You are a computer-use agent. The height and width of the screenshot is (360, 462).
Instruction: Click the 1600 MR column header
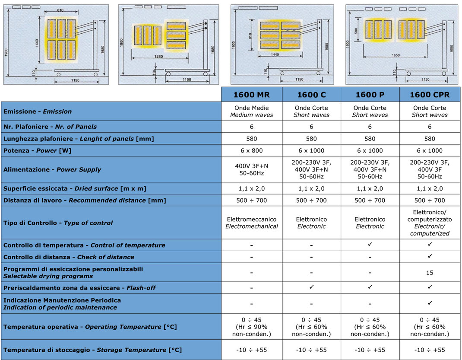pyautogui.click(x=251, y=95)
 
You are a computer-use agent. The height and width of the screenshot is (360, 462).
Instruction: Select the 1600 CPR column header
pyautogui.click(x=430, y=95)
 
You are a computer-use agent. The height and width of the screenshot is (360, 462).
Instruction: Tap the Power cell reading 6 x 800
pyautogui.click(x=251, y=150)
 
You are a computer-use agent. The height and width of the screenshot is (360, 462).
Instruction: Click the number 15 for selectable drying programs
pyautogui.click(x=430, y=273)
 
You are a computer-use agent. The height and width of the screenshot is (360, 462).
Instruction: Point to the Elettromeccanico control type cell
pyautogui.click(x=251, y=223)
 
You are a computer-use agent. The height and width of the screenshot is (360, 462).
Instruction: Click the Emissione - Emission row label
pyautogui.click(x=38, y=112)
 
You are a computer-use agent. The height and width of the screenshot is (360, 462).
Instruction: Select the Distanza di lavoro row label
pyautogui.click(x=85, y=201)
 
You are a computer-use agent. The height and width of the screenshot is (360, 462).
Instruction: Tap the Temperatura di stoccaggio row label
pyautogui.click(x=92, y=350)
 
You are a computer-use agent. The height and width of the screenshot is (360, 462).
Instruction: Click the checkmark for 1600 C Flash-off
pyautogui.click(x=311, y=287)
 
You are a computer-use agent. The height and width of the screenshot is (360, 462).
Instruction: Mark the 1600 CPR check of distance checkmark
pyautogui.click(x=430, y=256)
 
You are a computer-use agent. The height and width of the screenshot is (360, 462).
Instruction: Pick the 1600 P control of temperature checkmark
pyautogui.click(x=370, y=245)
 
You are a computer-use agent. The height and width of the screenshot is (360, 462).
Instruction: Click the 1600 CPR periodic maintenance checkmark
pyautogui.click(x=430, y=303)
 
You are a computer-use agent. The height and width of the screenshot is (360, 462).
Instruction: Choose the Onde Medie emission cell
pyautogui.click(x=251, y=112)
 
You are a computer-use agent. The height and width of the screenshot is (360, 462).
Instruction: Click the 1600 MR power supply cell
pyautogui.click(x=251, y=169)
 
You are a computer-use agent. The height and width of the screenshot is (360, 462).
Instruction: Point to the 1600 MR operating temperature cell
pyautogui.click(x=251, y=327)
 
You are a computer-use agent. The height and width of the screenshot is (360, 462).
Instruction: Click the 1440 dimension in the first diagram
pyautogui.click(x=37, y=43)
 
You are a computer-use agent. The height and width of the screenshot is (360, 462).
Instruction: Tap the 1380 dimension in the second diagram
pyautogui.click(x=158, y=56)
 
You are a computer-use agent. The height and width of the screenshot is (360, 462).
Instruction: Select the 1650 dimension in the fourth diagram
pyautogui.click(x=396, y=55)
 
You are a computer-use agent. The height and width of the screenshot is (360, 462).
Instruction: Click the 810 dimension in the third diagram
pyautogui.click(x=250, y=36)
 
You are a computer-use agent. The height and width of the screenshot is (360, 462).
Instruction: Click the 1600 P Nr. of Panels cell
pyautogui.click(x=370, y=127)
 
